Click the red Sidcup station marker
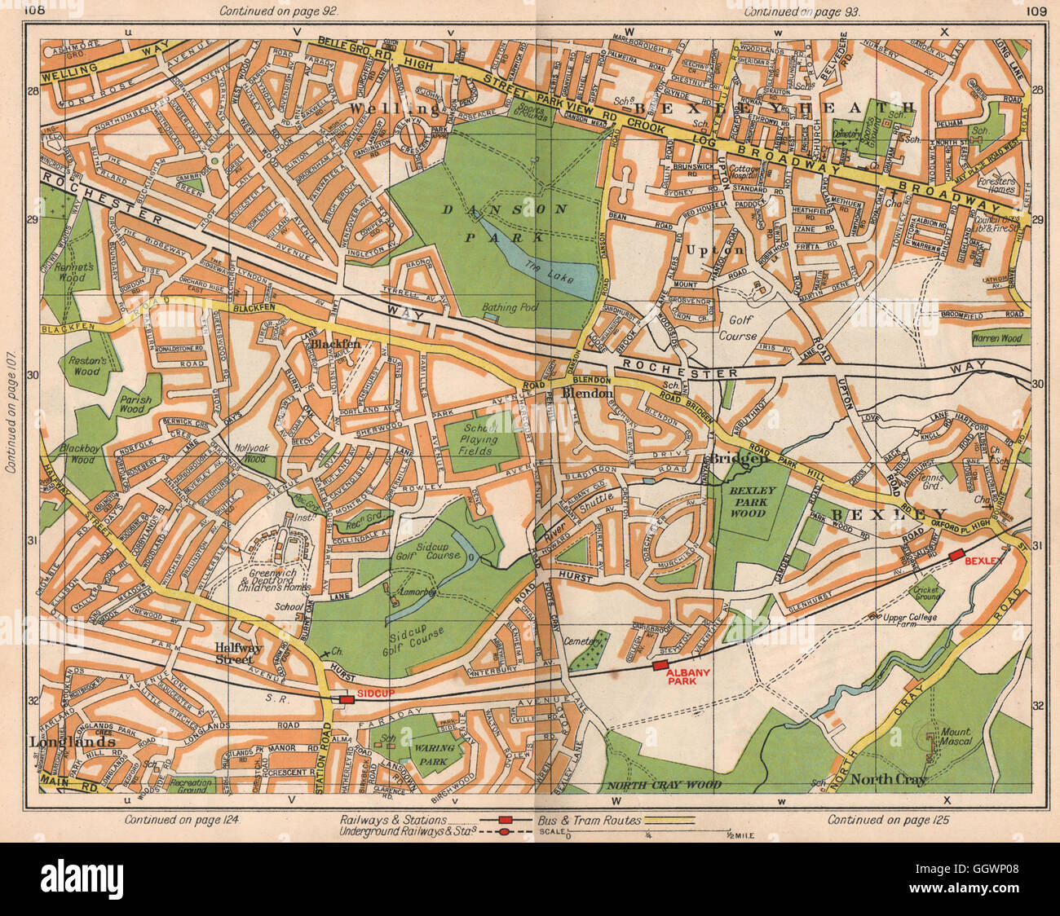tap(346, 698)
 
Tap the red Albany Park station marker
tap(660, 666)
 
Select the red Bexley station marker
tap(956, 555)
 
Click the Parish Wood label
tap(131, 403)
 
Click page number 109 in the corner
tap(1036, 11)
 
